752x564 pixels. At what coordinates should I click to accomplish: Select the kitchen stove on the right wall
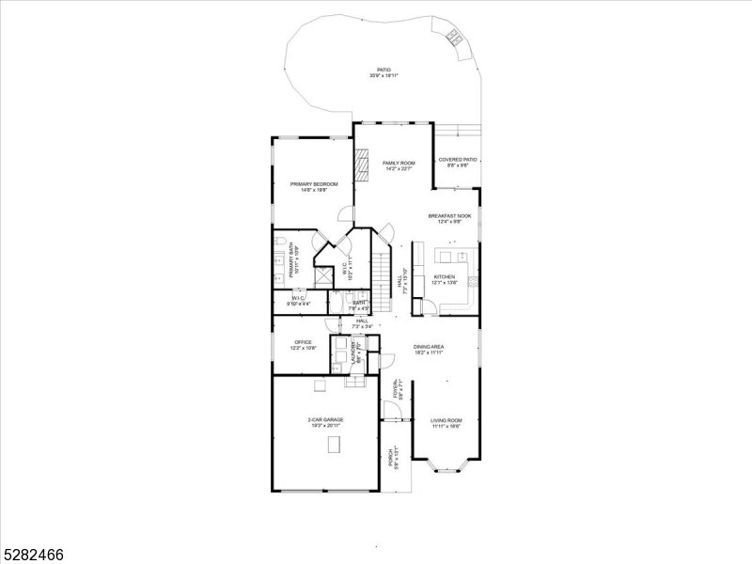(477, 279)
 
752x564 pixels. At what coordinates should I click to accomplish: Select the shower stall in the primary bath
(322, 275)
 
